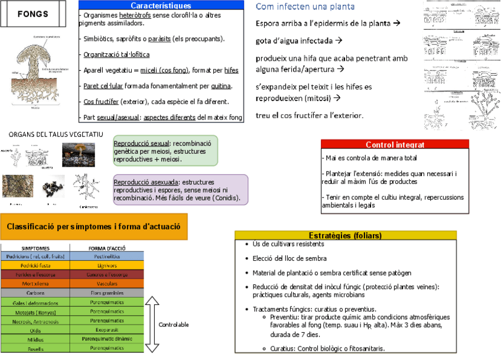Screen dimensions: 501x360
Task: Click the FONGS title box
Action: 34,14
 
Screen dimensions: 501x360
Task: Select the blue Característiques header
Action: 161,5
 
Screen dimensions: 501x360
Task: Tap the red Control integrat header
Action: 395,144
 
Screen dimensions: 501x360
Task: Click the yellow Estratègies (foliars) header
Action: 345,235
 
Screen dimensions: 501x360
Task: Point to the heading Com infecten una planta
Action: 305,7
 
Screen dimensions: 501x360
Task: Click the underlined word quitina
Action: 221,86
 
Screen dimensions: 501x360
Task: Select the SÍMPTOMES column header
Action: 35,248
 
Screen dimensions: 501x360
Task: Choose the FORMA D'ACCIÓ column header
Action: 106,248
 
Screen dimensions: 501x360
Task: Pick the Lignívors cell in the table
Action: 106,265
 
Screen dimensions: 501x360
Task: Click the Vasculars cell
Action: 106,284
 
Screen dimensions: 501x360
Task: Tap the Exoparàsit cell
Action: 106,330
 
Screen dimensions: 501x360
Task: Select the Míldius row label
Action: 35,339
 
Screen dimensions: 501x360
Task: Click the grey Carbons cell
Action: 35,293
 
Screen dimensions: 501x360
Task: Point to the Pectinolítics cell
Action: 106,257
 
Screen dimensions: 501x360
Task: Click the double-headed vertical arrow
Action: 152,325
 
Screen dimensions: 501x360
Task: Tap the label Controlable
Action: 174,325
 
